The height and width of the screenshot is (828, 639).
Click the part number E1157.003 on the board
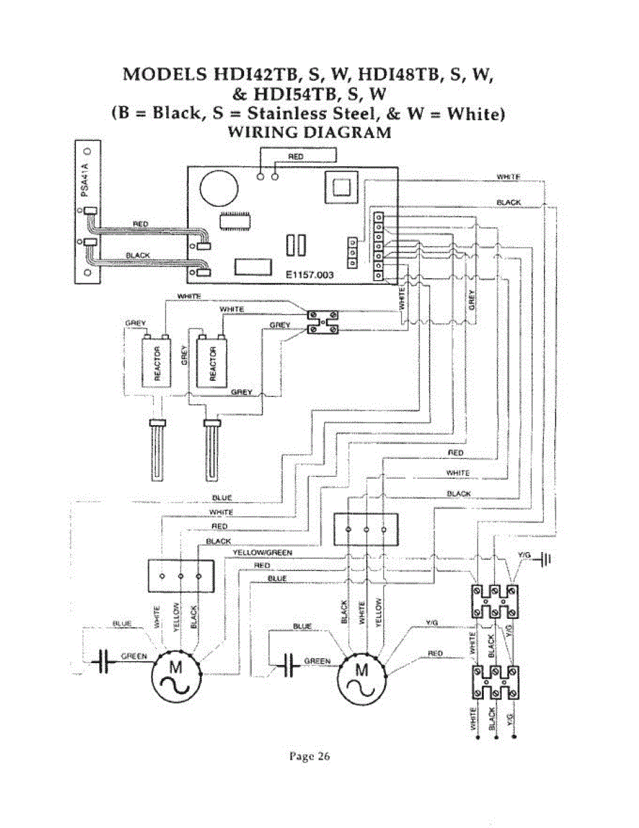tap(310, 275)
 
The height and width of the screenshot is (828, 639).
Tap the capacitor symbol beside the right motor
tap(290, 666)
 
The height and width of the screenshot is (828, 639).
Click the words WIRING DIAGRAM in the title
tap(309, 132)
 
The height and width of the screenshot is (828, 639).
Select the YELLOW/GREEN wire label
tap(262, 553)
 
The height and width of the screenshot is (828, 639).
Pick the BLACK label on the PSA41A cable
tap(138, 255)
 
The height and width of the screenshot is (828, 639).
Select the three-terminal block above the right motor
tap(366, 529)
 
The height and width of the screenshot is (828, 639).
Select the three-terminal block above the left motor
tap(181, 575)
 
